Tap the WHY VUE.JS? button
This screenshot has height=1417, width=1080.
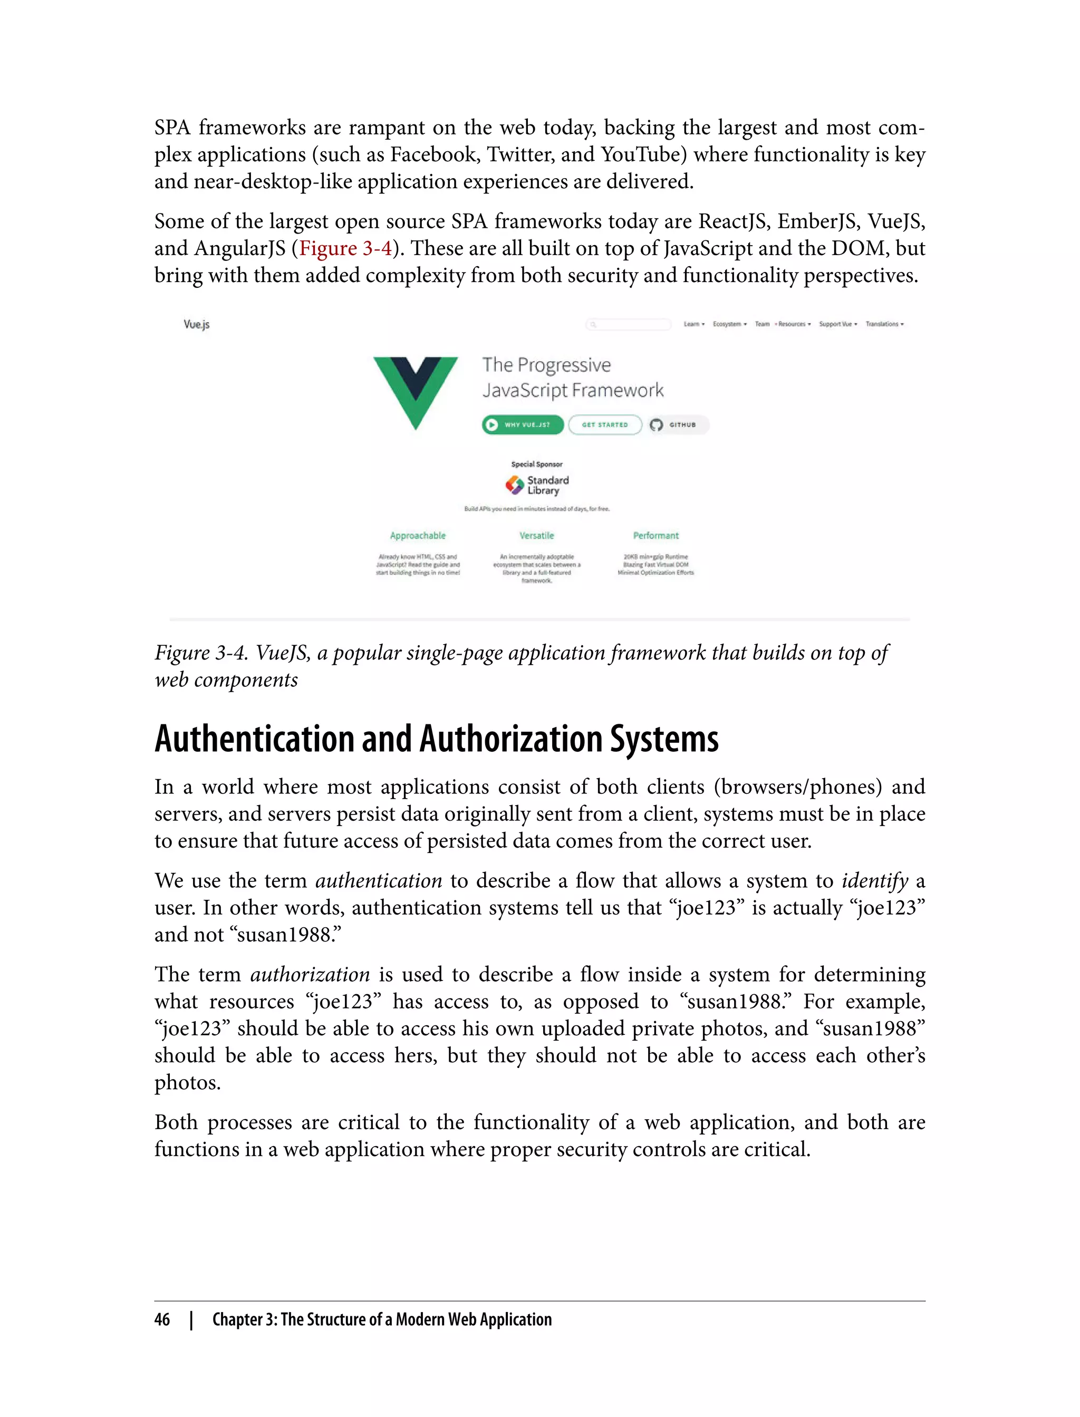[x=523, y=425]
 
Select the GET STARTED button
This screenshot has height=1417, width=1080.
[x=605, y=425]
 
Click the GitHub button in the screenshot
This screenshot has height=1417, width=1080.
[x=678, y=425]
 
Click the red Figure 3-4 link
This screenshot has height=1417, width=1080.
[x=345, y=249]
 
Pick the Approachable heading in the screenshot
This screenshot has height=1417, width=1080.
[x=418, y=535]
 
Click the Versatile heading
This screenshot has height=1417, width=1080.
[x=537, y=535]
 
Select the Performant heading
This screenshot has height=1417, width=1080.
[x=655, y=535]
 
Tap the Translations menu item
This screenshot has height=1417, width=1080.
[x=884, y=324]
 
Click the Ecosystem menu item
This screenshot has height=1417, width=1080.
[x=729, y=324]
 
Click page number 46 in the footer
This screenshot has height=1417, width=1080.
[x=162, y=1319]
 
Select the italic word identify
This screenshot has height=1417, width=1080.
[x=875, y=881]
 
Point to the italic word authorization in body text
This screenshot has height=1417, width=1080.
[x=310, y=975]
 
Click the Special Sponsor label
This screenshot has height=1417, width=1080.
[x=537, y=464]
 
